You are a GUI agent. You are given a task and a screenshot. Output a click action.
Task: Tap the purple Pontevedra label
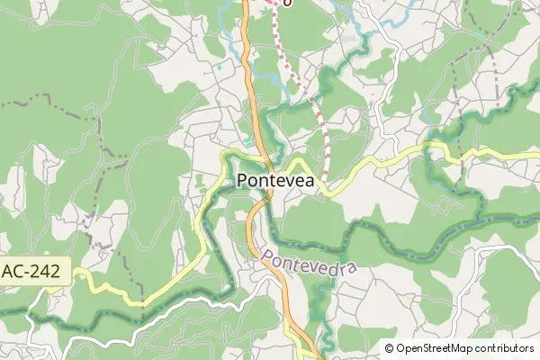click(x=310, y=260)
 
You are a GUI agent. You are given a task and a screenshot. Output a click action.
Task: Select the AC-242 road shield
click(x=34, y=271)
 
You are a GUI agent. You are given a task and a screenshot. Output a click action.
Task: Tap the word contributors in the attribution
click(x=506, y=348)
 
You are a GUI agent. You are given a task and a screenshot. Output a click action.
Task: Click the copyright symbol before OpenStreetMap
click(x=389, y=348)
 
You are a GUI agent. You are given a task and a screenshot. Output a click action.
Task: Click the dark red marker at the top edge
click(x=285, y=3)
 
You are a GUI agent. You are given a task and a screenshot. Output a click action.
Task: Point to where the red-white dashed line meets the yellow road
click(x=326, y=180)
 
